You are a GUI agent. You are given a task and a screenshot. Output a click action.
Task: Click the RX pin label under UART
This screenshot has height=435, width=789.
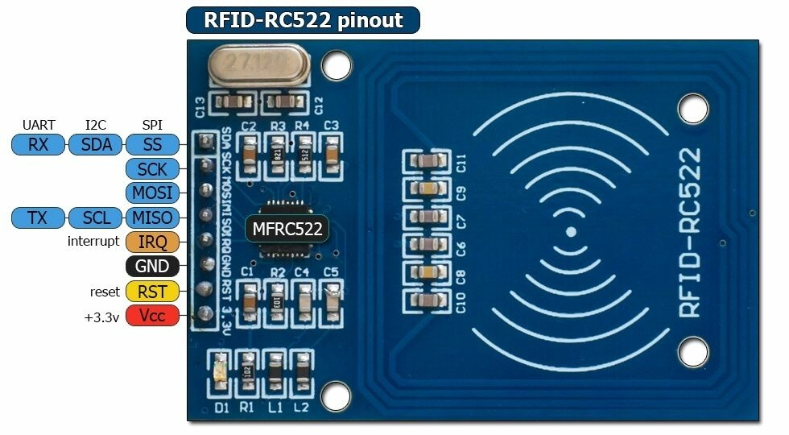coord(37,145)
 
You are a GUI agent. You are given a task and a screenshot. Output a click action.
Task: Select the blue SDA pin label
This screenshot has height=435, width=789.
coord(95,145)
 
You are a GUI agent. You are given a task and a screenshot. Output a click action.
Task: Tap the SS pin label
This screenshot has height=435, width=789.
coord(152,145)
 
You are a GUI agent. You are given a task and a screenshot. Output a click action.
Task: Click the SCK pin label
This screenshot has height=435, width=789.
coord(152,169)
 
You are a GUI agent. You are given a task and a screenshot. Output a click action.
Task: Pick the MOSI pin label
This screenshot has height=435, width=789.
coord(152,193)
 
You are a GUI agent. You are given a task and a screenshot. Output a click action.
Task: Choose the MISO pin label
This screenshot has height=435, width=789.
coord(152,217)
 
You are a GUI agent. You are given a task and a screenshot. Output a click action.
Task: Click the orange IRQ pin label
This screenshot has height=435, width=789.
coord(152,242)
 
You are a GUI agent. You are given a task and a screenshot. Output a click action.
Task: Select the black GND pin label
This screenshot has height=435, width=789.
coord(152,267)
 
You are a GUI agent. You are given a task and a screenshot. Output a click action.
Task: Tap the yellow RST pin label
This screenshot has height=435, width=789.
coord(152,292)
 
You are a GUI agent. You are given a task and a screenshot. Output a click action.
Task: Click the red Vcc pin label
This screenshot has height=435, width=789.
coord(152,316)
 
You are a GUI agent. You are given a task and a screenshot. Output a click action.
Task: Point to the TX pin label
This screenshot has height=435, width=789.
coord(37,217)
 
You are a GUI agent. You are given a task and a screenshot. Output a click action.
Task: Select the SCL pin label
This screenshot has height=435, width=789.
coord(97,217)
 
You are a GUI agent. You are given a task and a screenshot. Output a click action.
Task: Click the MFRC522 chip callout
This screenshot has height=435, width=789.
coord(287,230)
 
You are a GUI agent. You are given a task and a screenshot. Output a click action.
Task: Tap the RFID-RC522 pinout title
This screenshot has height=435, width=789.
coord(303,20)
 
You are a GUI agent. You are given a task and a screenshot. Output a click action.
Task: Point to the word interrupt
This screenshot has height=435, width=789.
coord(93,242)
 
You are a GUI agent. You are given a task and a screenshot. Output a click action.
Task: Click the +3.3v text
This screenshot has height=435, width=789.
coord(101,317)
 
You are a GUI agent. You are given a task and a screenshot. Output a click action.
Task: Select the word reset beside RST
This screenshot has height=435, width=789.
coord(105,292)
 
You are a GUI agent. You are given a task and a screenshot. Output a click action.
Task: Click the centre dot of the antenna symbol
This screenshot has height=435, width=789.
coord(570,232)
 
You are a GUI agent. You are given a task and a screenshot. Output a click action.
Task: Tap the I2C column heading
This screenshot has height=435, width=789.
coord(95,125)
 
